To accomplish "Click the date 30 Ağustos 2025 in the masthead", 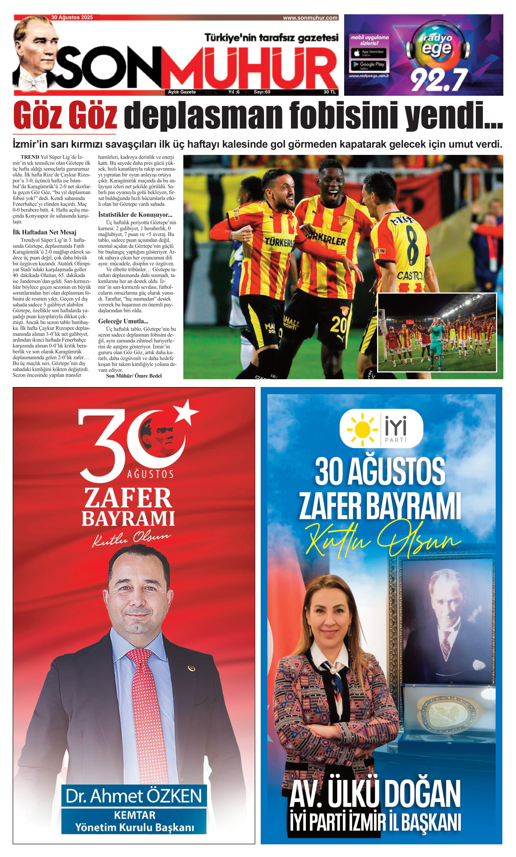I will point(72,17).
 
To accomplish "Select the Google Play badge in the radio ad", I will point(368,65).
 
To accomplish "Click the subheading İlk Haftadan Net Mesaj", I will point(44,232).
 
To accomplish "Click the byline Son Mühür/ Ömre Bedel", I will point(134,376).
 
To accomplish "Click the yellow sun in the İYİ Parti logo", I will point(362,429).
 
